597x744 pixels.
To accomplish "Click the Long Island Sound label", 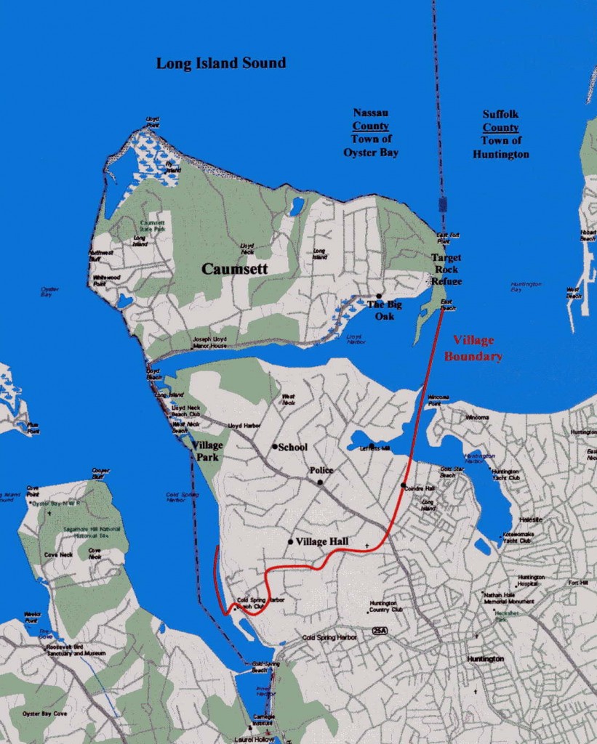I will [x=221, y=63].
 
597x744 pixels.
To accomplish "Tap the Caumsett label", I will [x=234, y=269].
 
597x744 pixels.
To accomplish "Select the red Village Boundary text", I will [x=473, y=348].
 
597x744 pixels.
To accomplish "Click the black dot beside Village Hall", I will [x=291, y=541].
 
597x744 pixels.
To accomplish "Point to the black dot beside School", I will [x=275, y=447].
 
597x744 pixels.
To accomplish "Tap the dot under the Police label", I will [x=319, y=482].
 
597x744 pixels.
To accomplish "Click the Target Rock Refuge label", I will [x=446, y=269].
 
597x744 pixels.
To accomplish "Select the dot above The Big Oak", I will [x=379, y=296].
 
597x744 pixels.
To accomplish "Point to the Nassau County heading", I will [x=371, y=119].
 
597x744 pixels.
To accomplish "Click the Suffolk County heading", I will [x=501, y=121].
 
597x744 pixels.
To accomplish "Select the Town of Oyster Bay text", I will [x=371, y=145].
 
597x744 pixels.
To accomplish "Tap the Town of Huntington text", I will [x=501, y=147].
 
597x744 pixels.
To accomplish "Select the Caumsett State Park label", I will [x=152, y=226].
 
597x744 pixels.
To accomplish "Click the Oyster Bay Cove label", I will [x=44, y=713].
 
